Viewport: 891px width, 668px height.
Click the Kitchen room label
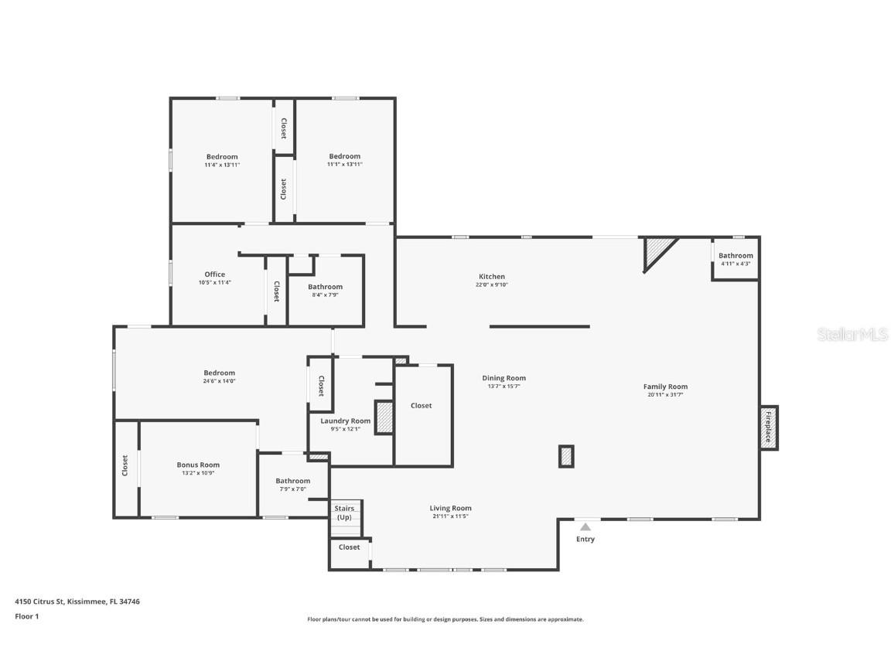point(491,276)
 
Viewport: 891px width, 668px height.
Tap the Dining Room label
point(504,378)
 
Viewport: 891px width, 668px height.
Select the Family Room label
point(665,387)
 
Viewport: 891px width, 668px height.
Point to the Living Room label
point(450,508)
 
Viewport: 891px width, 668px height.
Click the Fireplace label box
point(769,428)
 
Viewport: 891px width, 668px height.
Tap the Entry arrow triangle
point(585,527)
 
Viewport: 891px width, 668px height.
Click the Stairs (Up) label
point(344,512)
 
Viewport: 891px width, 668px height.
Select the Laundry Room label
point(345,421)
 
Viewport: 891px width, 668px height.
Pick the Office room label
point(214,274)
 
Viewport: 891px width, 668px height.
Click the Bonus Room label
point(198,465)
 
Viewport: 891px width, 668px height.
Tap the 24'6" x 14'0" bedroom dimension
point(219,381)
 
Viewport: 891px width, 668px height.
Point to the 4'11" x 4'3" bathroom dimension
point(735,264)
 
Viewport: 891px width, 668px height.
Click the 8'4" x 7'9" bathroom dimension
point(325,295)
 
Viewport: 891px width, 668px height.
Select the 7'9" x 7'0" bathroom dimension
point(292,489)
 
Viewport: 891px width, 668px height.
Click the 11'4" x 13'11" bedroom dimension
point(222,165)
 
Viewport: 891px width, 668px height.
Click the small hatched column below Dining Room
point(566,456)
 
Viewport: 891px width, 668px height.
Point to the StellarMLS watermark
point(853,334)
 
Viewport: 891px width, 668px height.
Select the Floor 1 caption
point(26,616)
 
